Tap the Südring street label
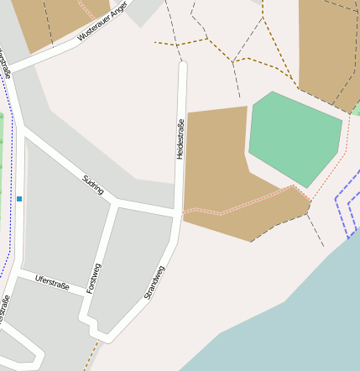93,185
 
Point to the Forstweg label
95,277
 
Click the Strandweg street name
154,282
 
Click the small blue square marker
19,199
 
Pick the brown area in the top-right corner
327,50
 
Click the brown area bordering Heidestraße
218,168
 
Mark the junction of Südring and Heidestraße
177,209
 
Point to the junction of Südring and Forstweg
116,202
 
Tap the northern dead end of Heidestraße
183,65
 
